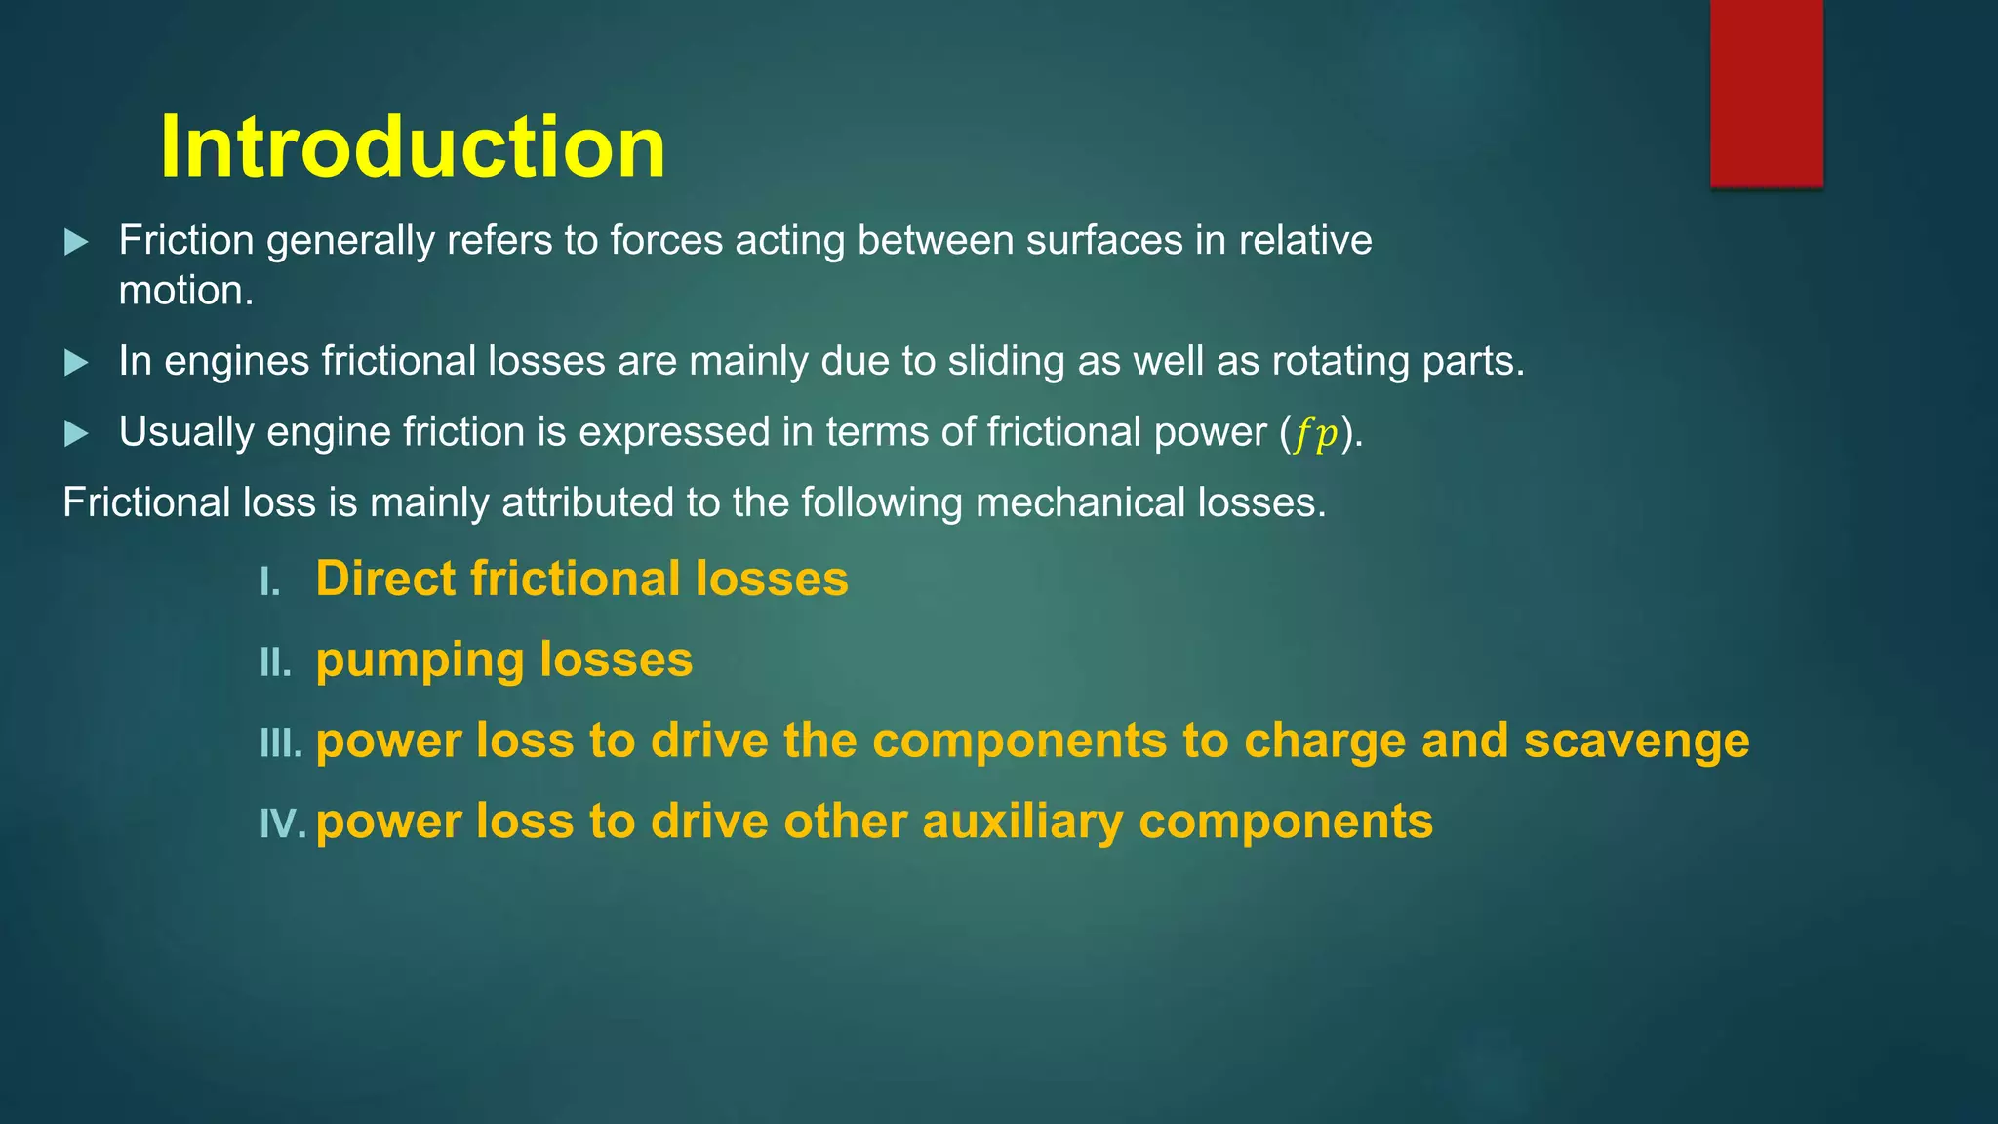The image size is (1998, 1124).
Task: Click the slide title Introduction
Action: [x=413, y=146]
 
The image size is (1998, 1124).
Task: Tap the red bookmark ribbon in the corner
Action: [x=1766, y=93]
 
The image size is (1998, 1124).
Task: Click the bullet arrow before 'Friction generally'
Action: [x=76, y=242]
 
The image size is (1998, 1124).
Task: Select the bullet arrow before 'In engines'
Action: [x=76, y=363]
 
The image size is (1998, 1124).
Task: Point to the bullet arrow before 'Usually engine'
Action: [x=76, y=433]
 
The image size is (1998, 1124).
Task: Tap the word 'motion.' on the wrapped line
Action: [x=186, y=291]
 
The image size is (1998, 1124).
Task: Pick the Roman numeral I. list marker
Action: [x=270, y=583]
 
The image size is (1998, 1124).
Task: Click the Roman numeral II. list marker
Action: [x=275, y=663]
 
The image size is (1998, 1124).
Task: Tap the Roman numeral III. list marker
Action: [x=281, y=744]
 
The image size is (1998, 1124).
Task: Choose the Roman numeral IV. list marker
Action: [x=283, y=825]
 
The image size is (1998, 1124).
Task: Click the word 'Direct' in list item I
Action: [x=385, y=579]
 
